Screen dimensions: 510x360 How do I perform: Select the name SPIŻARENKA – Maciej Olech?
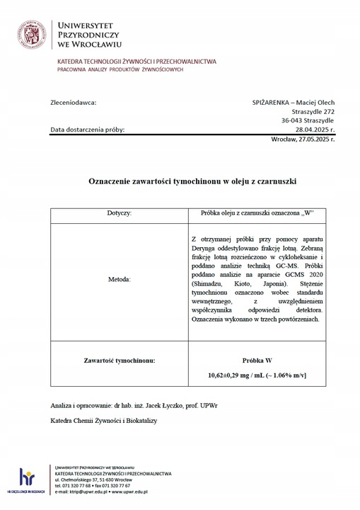point(293,102)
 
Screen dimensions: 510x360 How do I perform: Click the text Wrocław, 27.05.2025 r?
point(303,140)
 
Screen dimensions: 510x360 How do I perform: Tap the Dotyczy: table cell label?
point(120,212)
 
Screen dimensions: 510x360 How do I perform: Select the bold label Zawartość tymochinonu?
point(119,360)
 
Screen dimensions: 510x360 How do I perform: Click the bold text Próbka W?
point(257,360)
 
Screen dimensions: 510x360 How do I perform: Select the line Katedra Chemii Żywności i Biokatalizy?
point(103,421)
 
